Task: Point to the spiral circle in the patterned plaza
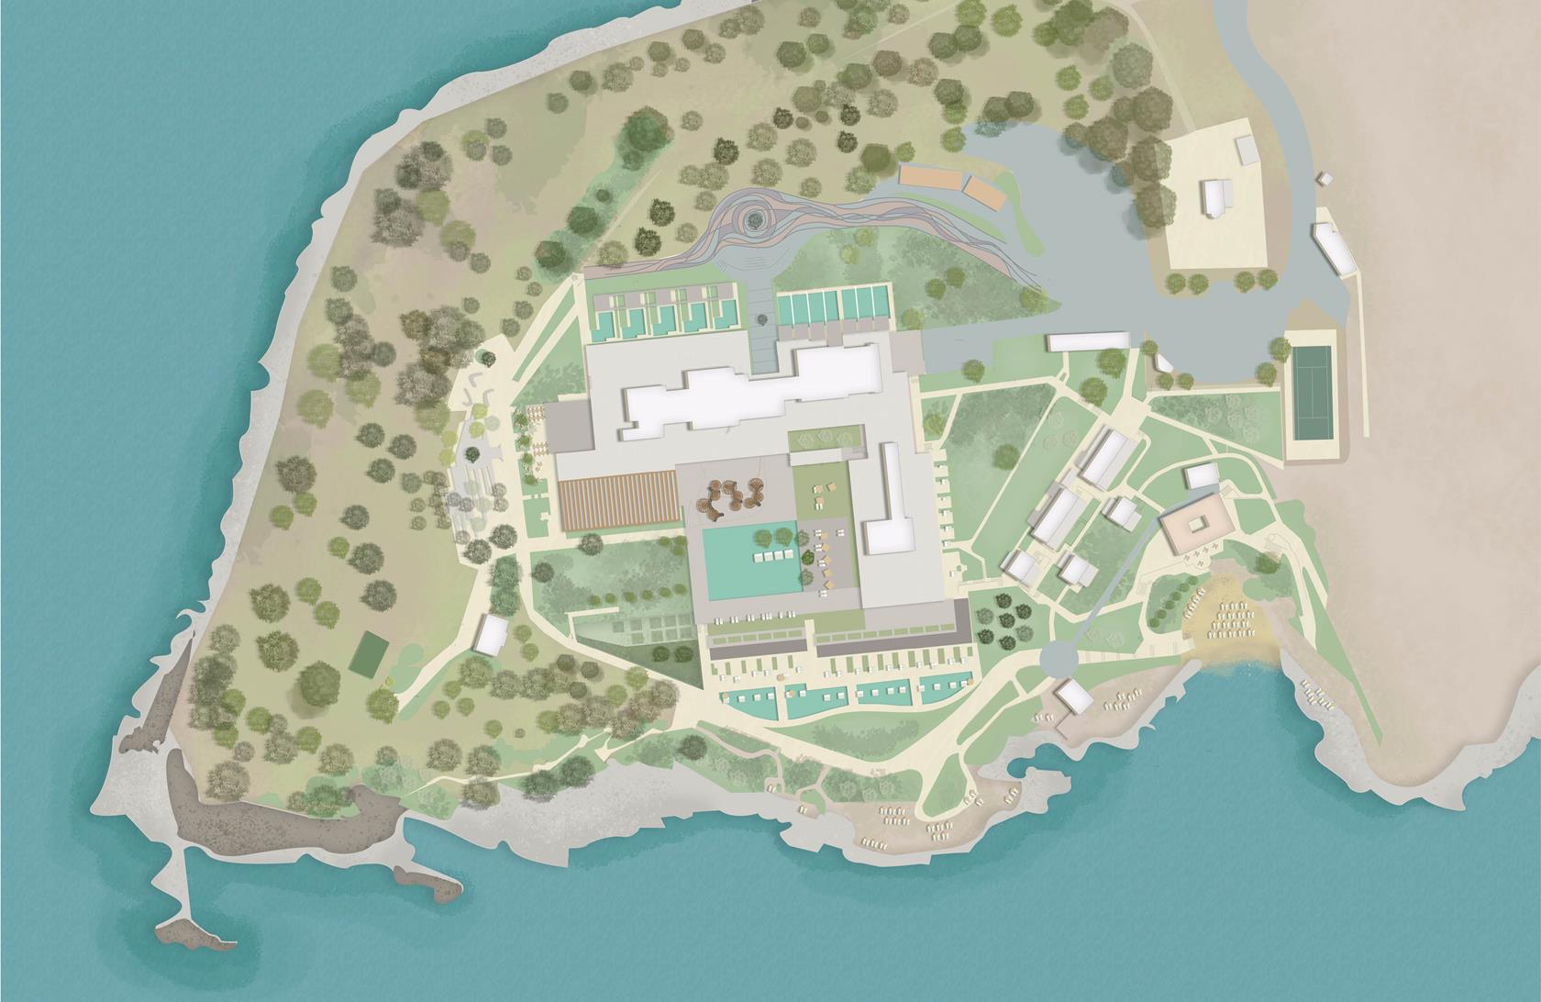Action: [757, 218]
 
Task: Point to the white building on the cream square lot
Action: [1215, 199]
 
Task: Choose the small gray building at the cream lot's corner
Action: [1245, 150]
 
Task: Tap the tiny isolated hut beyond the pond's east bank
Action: [1324, 178]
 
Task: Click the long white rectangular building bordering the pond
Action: [1089, 342]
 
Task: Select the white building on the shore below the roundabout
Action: [1073, 697]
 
